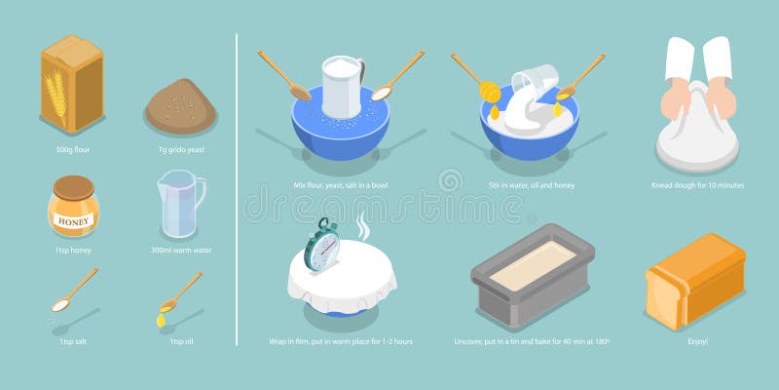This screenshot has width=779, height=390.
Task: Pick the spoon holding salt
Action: [x=72, y=292]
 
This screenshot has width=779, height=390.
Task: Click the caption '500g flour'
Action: [x=73, y=151]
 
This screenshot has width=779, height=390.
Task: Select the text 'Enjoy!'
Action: [x=696, y=342]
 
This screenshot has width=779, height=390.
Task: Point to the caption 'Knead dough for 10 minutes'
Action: [x=697, y=184]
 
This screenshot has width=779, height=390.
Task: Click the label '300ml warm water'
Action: [x=180, y=251]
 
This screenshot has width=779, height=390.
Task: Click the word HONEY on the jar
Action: [x=73, y=221]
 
